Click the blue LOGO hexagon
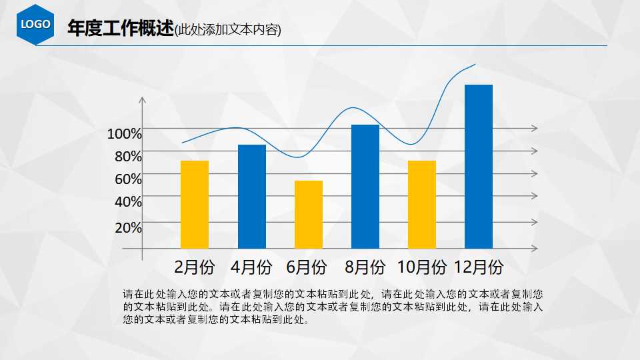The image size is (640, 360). click(36, 24)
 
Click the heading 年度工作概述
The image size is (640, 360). click(120, 29)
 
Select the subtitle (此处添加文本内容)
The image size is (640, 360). click(227, 29)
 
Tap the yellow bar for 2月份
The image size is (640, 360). click(195, 204)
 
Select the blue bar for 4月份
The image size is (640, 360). click(251, 196)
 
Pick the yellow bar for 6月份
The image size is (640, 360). click(309, 214)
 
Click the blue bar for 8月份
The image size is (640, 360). click(365, 186)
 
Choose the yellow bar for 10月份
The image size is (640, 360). click(422, 204)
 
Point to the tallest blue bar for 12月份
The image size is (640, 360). click(478, 166)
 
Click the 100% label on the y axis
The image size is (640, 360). click(125, 134)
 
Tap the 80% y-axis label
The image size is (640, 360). click(128, 157)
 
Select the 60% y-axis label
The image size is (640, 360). click(128, 179)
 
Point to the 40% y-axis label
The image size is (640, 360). click(128, 201)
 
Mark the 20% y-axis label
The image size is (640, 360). click(128, 227)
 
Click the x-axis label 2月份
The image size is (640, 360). click(195, 268)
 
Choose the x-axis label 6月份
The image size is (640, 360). click(307, 268)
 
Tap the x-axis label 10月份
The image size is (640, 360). click(421, 268)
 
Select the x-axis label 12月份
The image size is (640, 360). click(479, 268)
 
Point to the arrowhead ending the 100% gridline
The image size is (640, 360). click(535, 128)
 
